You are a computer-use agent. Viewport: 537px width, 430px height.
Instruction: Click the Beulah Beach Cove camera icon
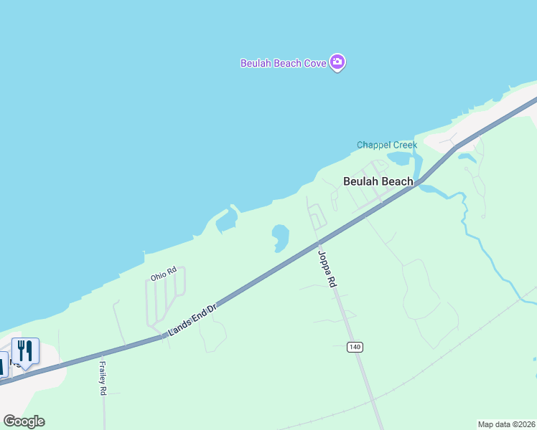(337, 62)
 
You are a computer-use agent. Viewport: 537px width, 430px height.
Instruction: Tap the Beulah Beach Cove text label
(283, 63)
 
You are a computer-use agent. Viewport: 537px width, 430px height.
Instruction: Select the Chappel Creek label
(386, 145)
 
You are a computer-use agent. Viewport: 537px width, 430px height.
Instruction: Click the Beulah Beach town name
(378, 181)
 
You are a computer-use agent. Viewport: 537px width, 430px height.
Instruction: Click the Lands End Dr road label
(192, 320)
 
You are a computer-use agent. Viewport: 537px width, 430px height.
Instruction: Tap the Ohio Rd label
(163, 273)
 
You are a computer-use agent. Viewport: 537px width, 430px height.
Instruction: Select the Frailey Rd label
(103, 378)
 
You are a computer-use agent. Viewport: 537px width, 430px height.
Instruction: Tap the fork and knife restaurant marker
(25, 351)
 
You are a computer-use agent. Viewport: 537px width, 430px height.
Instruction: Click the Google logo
(24, 421)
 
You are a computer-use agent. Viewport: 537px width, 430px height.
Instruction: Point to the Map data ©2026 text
(506, 424)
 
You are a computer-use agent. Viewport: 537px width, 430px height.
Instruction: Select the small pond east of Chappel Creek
(466, 156)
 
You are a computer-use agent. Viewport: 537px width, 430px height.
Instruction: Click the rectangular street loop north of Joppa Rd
(317, 215)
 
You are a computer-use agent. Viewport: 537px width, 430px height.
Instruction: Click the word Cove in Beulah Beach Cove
(315, 63)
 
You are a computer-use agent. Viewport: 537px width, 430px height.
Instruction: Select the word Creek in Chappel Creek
(403, 145)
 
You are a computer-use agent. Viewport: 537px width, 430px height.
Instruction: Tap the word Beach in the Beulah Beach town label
(396, 181)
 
